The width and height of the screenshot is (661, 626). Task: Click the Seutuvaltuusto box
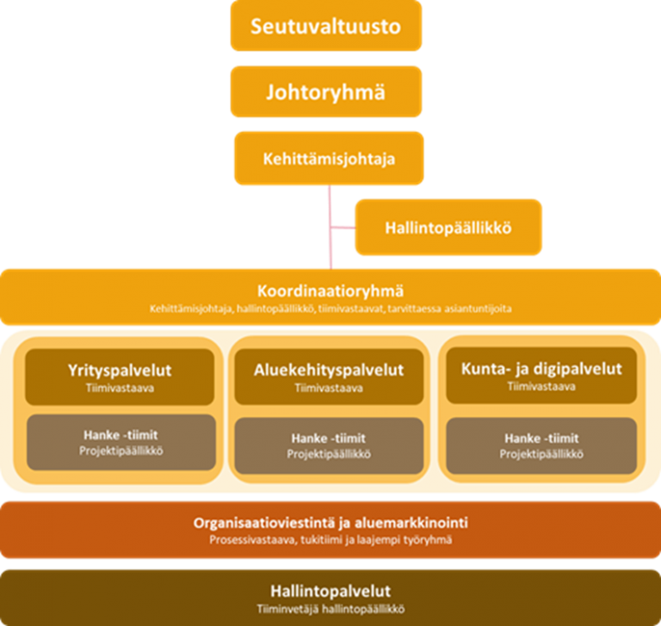pos(326,26)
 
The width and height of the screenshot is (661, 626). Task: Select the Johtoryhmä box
pos(326,91)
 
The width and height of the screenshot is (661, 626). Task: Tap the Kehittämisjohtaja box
pos(330,158)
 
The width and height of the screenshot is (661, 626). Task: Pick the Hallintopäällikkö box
pos(448,228)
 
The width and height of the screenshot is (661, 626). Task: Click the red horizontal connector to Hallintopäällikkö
pos(342,229)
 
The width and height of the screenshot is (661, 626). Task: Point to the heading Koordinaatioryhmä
pos(330,291)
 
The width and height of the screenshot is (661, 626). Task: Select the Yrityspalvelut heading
pos(120,371)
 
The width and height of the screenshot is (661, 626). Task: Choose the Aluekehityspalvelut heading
pos(330,371)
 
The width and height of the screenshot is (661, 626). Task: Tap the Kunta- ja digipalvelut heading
pos(541,369)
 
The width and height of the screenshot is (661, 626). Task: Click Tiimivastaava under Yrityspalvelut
pos(120,388)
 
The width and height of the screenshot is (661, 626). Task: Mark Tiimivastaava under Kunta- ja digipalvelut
pos(541,386)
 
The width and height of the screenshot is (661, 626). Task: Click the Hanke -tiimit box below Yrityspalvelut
pos(120,442)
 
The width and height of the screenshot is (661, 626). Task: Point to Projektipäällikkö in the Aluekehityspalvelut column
pos(330,453)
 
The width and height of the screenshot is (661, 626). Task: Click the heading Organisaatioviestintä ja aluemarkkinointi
pos(330,523)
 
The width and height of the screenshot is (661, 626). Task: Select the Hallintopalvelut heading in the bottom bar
pos(330,592)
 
